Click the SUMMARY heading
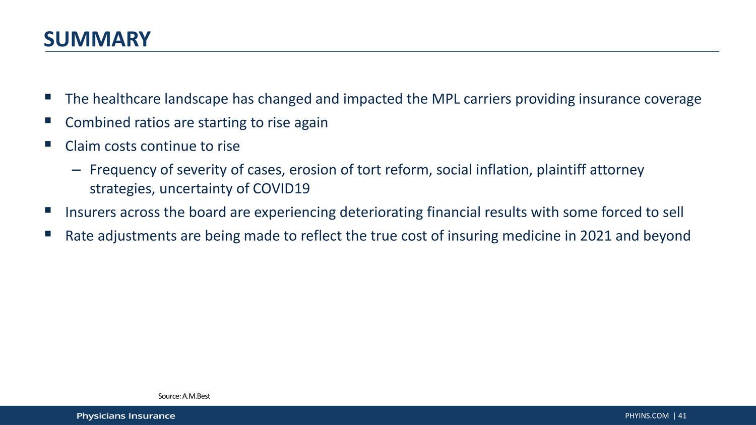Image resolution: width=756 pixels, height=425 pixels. (x=97, y=39)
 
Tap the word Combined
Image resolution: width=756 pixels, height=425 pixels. (x=98, y=122)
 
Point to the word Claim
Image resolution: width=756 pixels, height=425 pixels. (x=83, y=146)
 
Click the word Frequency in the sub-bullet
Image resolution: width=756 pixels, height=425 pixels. (x=123, y=170)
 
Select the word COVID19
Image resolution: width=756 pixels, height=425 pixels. (x=281, y=188)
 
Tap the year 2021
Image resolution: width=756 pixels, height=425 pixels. (x=596, y=236)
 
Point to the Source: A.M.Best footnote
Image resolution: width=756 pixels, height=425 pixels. (x=184, y=396)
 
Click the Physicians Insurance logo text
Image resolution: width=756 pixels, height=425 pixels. (x=126, y=416)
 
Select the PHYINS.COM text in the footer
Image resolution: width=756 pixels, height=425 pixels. (x=647, y=416)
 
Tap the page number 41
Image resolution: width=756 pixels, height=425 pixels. (x=682, y=416)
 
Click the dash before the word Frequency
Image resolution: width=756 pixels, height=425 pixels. (x=76, y=170)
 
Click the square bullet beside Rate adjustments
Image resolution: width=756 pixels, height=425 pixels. (x=48, y=234)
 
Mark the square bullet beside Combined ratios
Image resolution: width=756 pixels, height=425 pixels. (x=48, y=120)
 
